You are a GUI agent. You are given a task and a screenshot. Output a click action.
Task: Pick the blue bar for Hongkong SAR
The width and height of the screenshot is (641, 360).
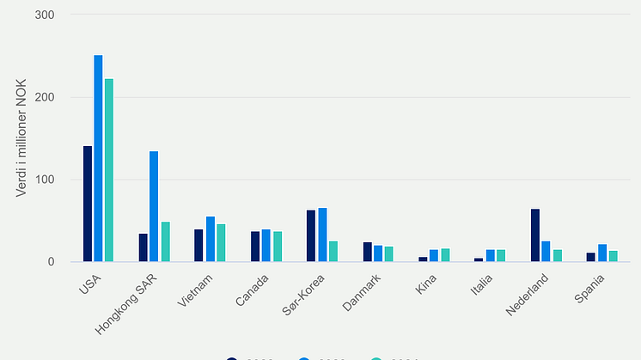coord(154,206)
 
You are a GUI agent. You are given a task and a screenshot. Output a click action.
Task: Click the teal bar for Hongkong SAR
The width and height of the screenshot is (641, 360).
coord(165,241)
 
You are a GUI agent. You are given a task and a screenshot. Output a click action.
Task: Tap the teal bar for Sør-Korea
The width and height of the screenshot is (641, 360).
coord(333,251)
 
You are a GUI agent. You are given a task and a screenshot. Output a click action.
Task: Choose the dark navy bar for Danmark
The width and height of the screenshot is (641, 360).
coord(368,252)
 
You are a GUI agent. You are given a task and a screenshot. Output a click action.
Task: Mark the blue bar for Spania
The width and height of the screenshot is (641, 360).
coord(602,253)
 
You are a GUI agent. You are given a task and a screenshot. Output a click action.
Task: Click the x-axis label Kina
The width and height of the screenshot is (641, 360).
coord(426,284)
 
